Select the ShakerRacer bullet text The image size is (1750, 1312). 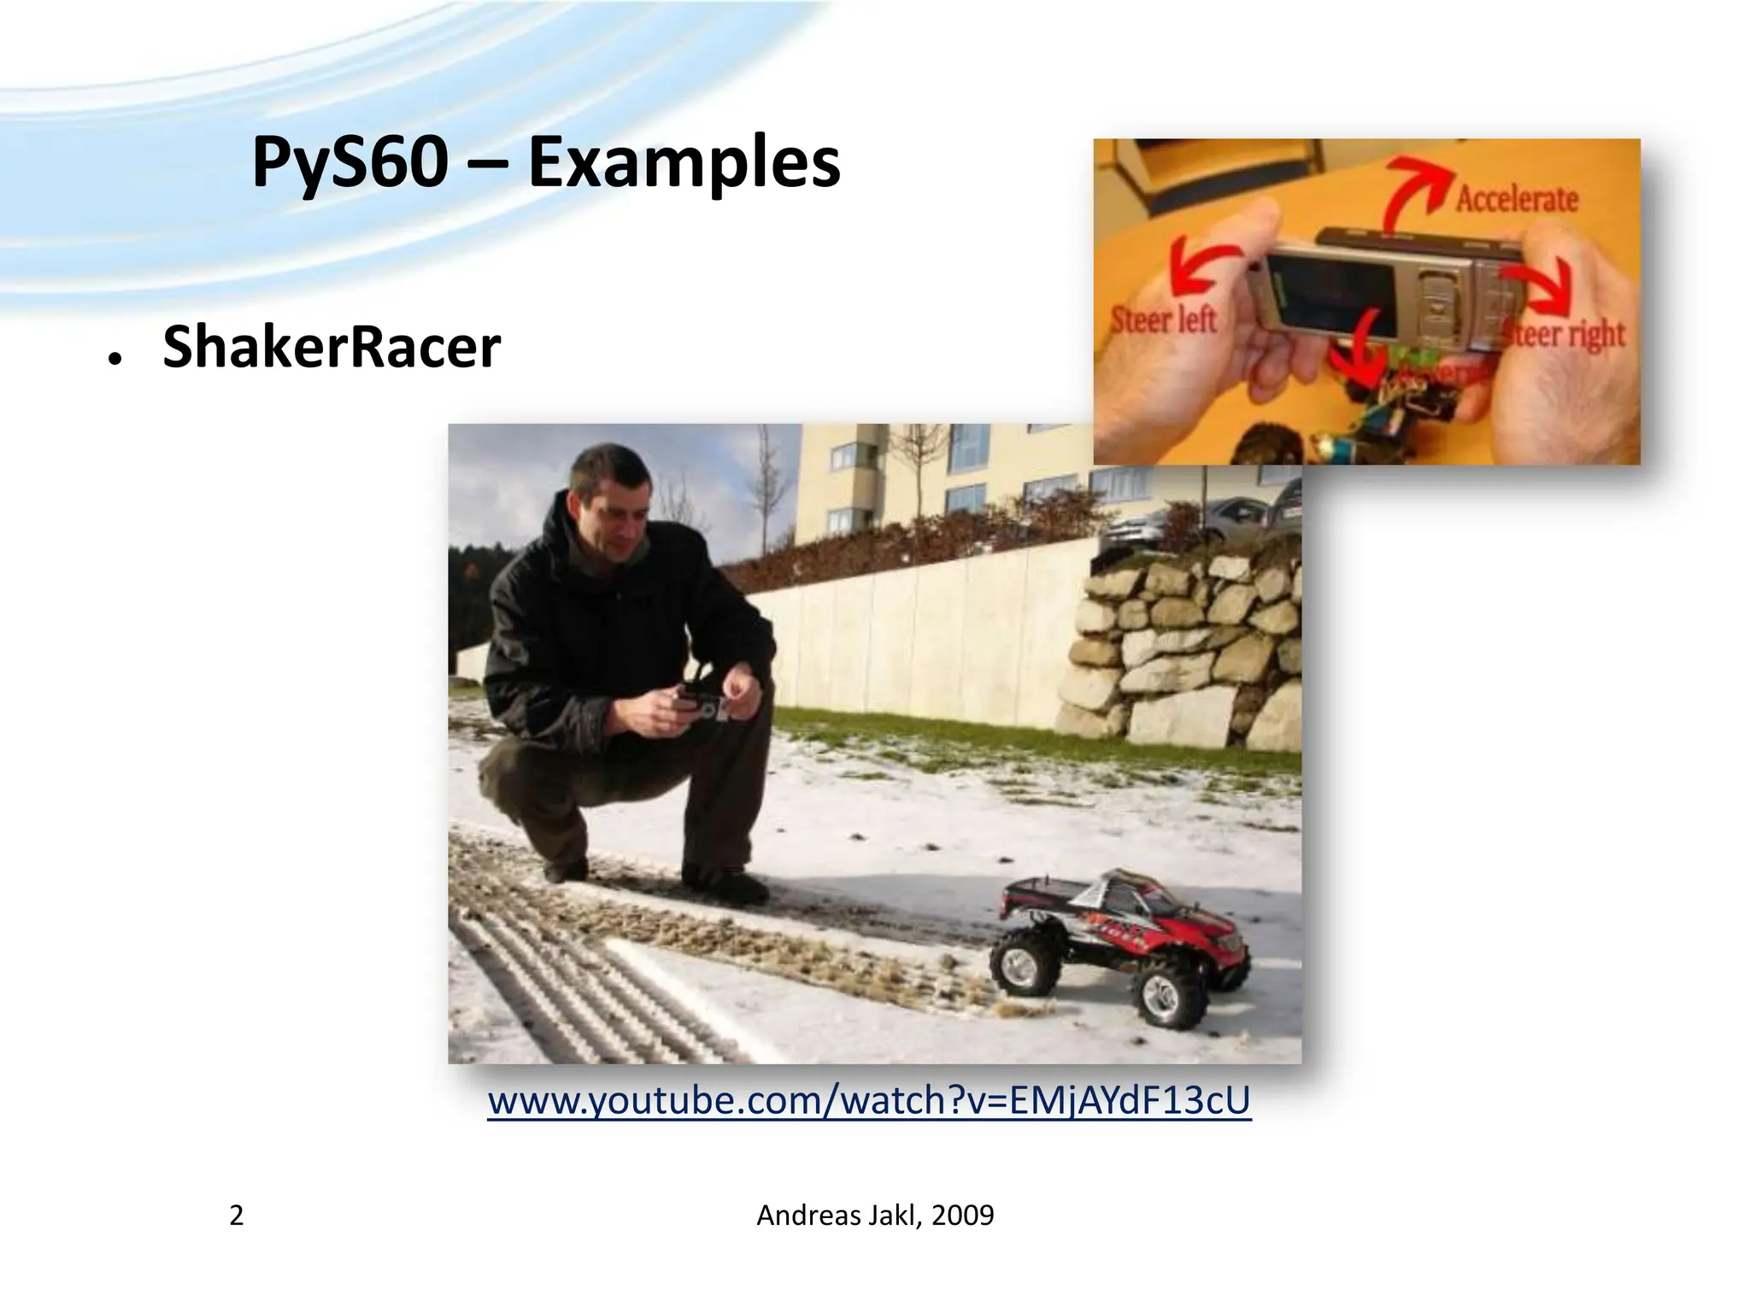(331, 348)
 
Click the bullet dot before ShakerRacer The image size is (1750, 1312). (113, 360)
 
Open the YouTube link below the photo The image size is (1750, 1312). (869, 1100)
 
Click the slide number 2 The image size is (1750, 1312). (237, 1215)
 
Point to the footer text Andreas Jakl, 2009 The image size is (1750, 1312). (875, 1215)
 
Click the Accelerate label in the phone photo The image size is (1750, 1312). (1517, 199)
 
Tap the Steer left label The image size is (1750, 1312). (1163, 320)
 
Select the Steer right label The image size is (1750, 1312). (1564, 334)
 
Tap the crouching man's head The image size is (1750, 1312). (608, 495)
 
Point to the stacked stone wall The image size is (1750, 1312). (1188, 649)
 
